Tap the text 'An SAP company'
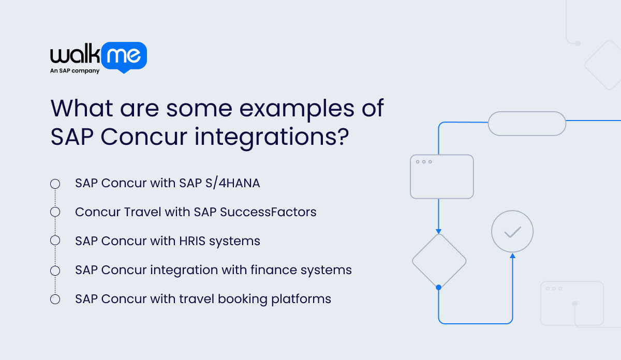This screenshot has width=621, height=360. click(75, 71)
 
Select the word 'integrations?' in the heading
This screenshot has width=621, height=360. click(270, 137)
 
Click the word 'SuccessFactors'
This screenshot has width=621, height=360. click(274, 212)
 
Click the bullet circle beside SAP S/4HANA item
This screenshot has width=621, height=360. click(55, 184)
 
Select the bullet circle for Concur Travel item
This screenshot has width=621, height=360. click(55, 212)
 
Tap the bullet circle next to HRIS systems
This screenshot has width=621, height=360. click(55, 241)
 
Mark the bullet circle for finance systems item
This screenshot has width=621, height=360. click(55, 270)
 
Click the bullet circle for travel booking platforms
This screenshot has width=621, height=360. click(55, 299)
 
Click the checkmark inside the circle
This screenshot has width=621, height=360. click(512, 232)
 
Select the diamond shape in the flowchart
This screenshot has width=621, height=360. click(439, 260)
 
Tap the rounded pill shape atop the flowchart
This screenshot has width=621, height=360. click(527, 124)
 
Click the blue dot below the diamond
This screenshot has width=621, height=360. click(439, 287)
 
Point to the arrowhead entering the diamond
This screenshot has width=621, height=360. click(439, 231)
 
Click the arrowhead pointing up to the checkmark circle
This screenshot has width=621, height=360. click(512, 255)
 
